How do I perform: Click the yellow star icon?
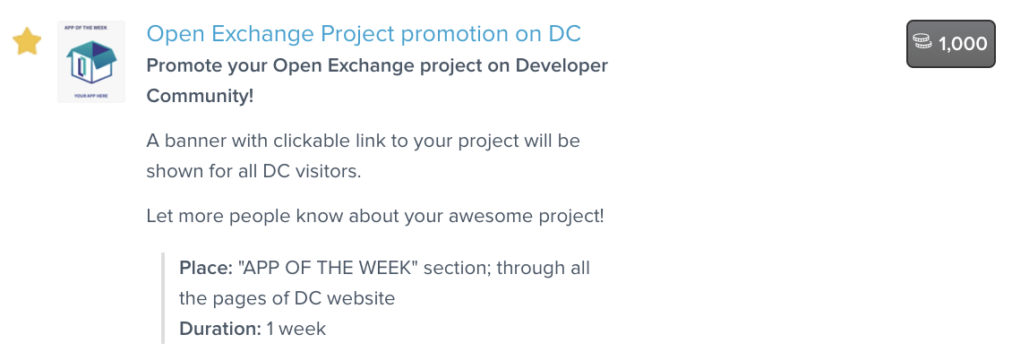pyautogui.click(x=27, y=42)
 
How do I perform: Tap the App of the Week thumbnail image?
pyautogui.click(x=91, y=62)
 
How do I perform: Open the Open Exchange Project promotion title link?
pyautogui.click(x=364, y=33)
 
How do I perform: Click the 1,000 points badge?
pyautogui.click(x=951, y=44)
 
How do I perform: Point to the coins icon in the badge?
pyautogui.click(x=922, y=43)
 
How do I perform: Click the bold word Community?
pyautogui.click(x=200, y=96)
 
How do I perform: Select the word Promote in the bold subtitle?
pyautogui.click(x=184, y=65)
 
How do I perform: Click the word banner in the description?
pyautogui.click(x=194, y=140)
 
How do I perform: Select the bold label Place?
pyautogui.click(x=206, y=268)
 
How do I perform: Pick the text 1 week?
pyautogui.click(x=296, y=329)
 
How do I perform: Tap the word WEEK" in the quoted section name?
pyautogui.click(x=391, y=267)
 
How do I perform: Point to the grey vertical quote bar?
pyautogui.click(x=163, y=298)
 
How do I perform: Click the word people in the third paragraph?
pyautogui.click(x=252, y=217)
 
